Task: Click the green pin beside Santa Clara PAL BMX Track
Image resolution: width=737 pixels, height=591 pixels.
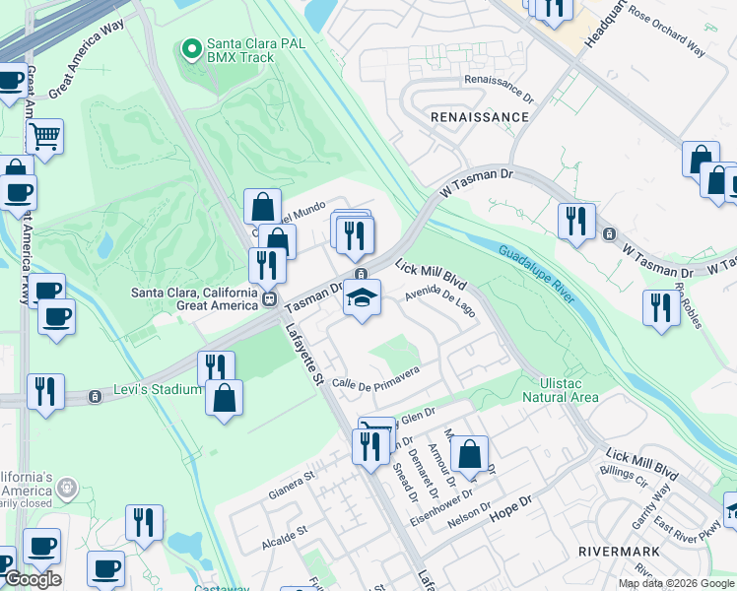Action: pyautogui.click(x=190, y=46)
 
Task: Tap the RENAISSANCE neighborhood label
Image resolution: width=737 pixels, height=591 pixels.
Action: pyautogui.click(x=480, y=116)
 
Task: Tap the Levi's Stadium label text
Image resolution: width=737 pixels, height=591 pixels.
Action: pyautogui.click(x=156, y=389)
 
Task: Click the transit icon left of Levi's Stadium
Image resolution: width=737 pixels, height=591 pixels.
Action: pyautogui.click(x=95, y=397)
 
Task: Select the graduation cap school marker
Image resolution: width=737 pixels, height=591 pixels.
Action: pyautogui.click(x=362, y=297)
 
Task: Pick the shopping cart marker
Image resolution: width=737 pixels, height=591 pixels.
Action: pyautogui.click(x=44, y=136)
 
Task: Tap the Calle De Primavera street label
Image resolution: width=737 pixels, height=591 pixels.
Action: pyautogui.click(x=376, y=377)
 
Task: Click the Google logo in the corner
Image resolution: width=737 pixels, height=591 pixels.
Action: pyautogui.click(x=32, y=578)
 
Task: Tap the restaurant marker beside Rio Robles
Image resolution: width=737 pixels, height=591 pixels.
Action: pyautogui.click(x=660, y=307)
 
